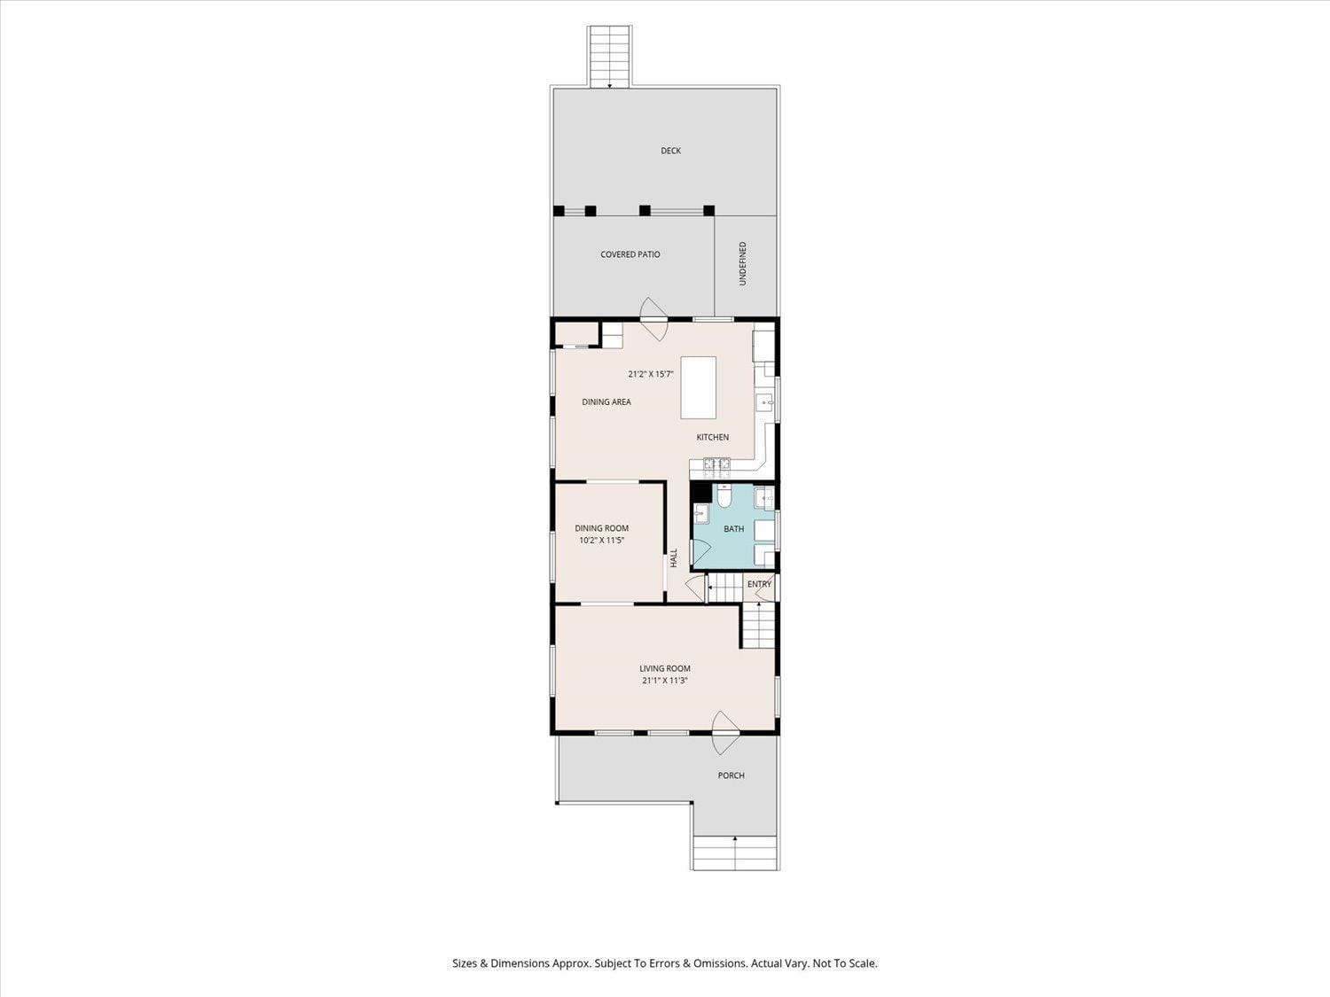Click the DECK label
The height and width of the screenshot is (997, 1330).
pyautogui.click(x=670, y=151)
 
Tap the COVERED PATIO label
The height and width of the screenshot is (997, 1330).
pyautogui.click(x=630, y=254)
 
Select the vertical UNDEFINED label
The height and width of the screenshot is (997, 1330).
pyautogui.click(x=743, y=263)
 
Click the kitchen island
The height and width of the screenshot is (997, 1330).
pyautogui.click(x=698, y=387)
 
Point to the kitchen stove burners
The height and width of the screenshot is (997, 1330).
pyautogui.click(x=716, y=463)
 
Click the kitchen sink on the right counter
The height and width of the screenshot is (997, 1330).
pyautogui.click(x=764, y=404)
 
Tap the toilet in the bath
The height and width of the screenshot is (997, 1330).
pyautogui.click(x=724, y=498)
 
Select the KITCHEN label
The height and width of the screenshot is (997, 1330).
pyautogui.click(x=712, y=437)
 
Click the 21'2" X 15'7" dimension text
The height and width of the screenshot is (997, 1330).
pyautogui.click(x=650, y=374)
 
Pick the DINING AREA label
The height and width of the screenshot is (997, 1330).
pyautogui.click(x=606, y=402)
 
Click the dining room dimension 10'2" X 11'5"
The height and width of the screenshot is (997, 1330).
pyautogui.click(x=601, y=540)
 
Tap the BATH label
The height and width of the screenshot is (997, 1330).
pyautogui.click(x=733, y=529)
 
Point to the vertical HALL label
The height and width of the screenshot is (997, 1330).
pyautogui.click(x=674, y=557)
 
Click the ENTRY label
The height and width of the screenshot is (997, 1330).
pyautogui.click(x=759, y=584)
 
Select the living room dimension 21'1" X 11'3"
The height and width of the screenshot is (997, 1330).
pyautogui.click(x=665, y=681)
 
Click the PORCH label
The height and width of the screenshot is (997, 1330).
pyautogui.click(x=731, y=775)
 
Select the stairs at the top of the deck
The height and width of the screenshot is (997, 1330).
pyautogui.click(x=609, y=57)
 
